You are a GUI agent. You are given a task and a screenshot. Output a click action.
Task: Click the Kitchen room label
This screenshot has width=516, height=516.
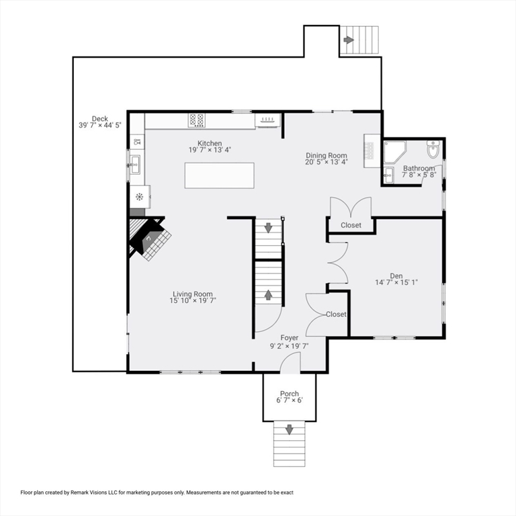tap(209, 143)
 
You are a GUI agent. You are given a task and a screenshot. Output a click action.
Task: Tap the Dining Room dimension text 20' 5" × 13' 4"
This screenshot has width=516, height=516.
tap(327, 162)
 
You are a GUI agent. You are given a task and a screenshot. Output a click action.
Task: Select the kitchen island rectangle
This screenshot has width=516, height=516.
tap(220, 175)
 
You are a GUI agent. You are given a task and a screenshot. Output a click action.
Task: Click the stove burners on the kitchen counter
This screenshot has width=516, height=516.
tap(197, 120)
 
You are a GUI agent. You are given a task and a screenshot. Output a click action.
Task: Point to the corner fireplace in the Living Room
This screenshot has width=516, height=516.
tap(149, 239)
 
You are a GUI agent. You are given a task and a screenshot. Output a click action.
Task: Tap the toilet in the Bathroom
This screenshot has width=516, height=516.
tap(432, 149)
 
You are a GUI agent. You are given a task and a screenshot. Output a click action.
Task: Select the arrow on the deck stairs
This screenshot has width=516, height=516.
tap(349, 40)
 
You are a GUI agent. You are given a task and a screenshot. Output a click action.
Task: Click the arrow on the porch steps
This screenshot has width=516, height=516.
tap(290, 429)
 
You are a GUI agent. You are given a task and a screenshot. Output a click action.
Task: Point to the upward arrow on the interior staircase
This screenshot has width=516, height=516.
tap(269, 295)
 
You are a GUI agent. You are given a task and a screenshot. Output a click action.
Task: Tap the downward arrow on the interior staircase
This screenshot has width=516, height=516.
tap(269, 228)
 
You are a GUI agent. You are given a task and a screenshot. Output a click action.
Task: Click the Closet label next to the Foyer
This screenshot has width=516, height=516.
tap(336, 314)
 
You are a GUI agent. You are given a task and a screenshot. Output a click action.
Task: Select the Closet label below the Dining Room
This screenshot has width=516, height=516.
tap(351, 225)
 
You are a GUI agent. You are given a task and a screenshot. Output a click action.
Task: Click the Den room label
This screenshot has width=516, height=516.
tap(396, 275)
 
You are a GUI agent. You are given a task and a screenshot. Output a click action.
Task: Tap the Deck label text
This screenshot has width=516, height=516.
tap(100, 119)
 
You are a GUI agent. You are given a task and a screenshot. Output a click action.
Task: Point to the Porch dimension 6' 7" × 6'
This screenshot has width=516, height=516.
tap(290, 400)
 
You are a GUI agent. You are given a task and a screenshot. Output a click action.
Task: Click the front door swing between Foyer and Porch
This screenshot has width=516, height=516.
tap(290, 364)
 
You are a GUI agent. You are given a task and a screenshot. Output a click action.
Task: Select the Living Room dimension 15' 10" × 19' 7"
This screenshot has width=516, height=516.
tap(193, 301)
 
